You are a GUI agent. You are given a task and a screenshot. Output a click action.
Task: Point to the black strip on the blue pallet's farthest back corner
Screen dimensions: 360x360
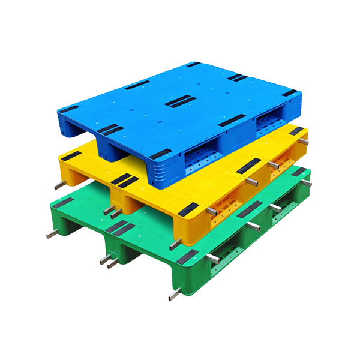[193, 64]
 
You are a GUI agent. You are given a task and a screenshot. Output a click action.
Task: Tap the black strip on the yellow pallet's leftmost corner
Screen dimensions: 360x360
[70, 155]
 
